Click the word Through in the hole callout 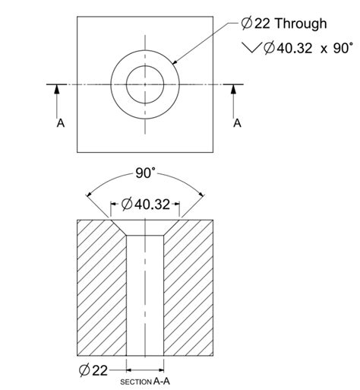point(301,24)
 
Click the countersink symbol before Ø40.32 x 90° point(251,48)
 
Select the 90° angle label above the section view point(145,173)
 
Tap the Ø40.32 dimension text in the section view point(146,204)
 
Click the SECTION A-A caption point(146,380)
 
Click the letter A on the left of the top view point(60,122)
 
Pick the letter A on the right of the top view point(237,122)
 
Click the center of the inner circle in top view point(144,84)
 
